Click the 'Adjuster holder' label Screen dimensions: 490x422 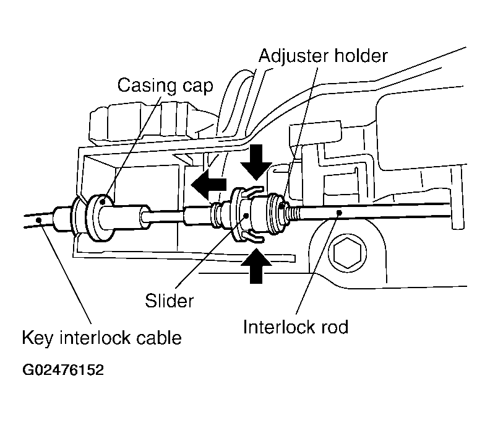(x=323, y=56)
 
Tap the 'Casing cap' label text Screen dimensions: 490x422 (x=165, y=86)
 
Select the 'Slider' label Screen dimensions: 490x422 (x=169, y=301)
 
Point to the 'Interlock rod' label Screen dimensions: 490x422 (x=296, y=327)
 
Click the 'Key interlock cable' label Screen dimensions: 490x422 (x=102, y=338)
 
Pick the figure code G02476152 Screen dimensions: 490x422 (x=63, y=370)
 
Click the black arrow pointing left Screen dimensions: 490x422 (x=208, y=184)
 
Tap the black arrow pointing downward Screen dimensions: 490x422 (x=256, y=162)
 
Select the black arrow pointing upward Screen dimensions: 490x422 (x=256, y=266)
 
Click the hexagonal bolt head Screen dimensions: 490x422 (x=347, y=252)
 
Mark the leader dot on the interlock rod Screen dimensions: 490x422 (x=340, y=213)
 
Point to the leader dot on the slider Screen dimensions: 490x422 (x=246, y=216)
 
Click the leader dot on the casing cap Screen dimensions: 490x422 (x=102, y=202)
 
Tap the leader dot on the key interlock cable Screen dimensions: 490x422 (x=39, y=219)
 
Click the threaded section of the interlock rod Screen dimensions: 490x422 (x=292, y=214)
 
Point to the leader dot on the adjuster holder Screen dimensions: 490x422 (x=282, y=206)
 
